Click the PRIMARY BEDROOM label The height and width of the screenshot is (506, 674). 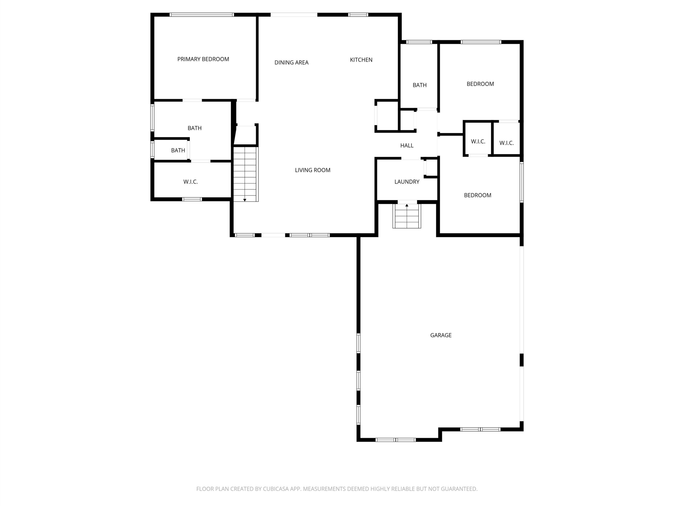coord(203,59)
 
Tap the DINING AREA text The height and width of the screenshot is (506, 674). coord(292,62)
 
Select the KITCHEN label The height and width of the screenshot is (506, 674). coord(361,60)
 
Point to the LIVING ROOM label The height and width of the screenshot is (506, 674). coord(313,170)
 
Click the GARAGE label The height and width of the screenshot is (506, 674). coord(441,335)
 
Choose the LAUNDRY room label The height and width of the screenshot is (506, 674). coord(407,182)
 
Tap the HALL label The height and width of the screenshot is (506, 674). coord(407,145)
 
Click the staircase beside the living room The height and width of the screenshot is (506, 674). coord(246,174)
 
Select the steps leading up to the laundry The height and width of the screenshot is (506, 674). coord(407,216)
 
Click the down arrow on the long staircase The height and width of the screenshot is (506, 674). coord(245,200)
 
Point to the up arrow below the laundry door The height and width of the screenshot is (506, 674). coord(407,206)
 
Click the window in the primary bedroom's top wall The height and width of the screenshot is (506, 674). coord(202,15)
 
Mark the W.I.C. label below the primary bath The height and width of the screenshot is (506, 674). coord(190,182)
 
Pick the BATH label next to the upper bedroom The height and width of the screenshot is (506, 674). coord(420,85)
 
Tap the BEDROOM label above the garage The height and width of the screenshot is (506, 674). coord(478,195)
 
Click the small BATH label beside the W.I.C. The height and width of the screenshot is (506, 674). coord(178,150)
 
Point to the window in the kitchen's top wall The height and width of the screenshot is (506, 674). coord(358,15)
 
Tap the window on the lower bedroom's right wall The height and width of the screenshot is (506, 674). coord(521,182)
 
